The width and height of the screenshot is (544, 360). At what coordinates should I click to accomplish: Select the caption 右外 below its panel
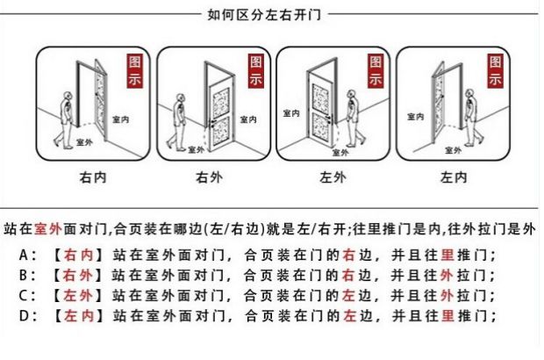[208, 177]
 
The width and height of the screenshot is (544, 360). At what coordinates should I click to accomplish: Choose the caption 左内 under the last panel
[453, 177]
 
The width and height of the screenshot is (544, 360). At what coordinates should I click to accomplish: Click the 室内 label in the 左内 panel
[415, 115]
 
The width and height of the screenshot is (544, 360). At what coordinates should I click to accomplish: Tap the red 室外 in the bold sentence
[47, 230]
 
